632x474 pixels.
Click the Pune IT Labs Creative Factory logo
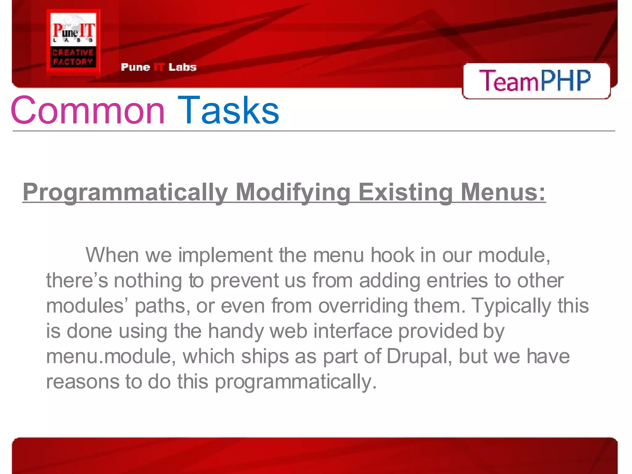click(73, 43)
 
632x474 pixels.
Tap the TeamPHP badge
click(536, 81)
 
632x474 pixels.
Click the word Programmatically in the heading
click(125, 193)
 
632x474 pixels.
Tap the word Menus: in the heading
click(503, 192)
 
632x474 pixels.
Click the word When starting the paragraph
click(112, 255)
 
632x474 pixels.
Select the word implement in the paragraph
click(226, 255)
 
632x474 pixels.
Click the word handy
click(235, 331)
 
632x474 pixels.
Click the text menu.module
click(111, 356)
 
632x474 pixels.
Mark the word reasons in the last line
click(82, 382)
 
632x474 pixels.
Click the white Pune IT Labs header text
click(159, 67)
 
